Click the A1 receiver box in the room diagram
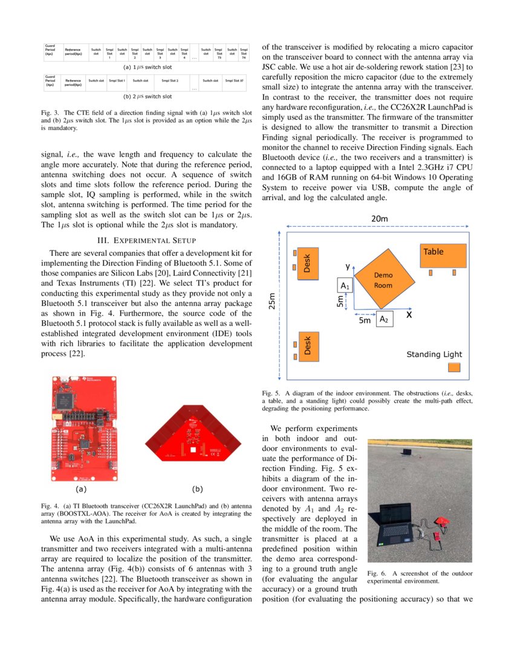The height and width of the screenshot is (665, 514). click(344, 285)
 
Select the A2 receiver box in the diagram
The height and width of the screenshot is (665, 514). click(385, 318)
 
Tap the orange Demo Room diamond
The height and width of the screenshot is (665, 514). click(385, 278)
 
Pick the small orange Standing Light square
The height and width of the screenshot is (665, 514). click(454, 368)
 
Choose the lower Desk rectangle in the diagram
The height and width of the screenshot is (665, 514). click(307, 346)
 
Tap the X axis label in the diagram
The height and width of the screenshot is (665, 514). click(409, 315)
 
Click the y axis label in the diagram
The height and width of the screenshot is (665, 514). click(347, 266)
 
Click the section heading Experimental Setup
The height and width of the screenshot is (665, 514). click(146, 239)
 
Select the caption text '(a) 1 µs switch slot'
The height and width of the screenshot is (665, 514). click(147, 68)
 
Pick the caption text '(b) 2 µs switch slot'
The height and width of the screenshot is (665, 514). click(147, 96)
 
